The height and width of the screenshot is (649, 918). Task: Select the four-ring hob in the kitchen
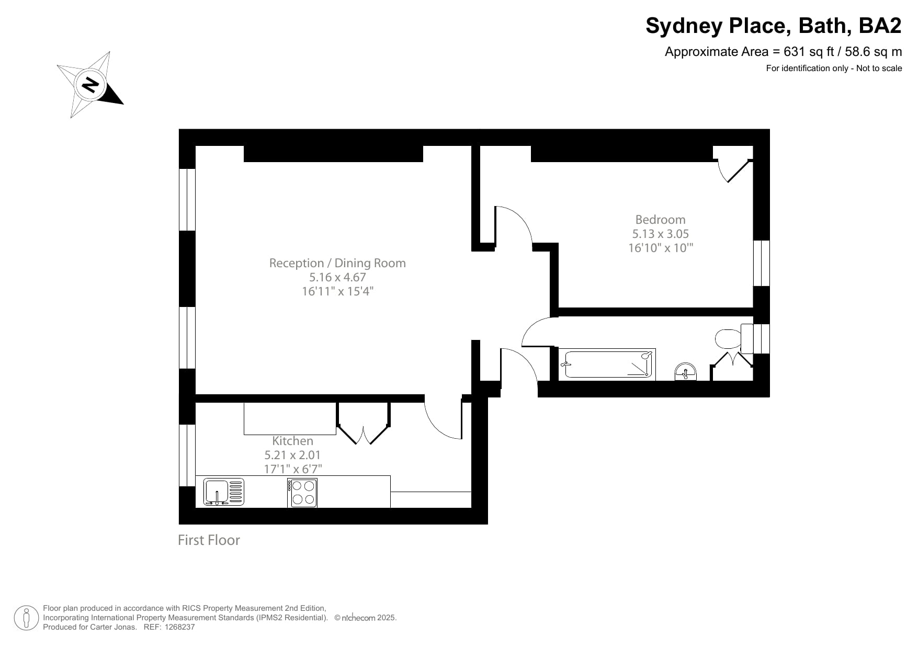[x=303, y=493]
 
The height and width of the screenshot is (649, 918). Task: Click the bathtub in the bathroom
[x=607, y=365]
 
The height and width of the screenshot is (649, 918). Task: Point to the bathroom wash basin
[x=685, y=372]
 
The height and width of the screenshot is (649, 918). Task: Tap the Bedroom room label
[x=660, y=220]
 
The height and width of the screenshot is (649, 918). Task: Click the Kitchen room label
[x=292, y=441]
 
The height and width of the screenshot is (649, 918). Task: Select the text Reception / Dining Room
[x=337, y=263]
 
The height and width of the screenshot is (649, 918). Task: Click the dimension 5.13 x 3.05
[x=660, y=234]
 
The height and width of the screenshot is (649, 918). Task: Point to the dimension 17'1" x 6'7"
[x=292, y=469]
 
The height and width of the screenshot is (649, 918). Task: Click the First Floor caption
[x=209, y=540]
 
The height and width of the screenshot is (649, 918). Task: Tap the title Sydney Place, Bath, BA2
[x=773, y=26]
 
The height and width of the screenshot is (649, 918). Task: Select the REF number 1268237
[x=179, y=627]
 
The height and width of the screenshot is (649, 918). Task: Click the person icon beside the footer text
[x=26, y=618]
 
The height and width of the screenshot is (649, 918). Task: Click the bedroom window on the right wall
[x=762, y=263]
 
